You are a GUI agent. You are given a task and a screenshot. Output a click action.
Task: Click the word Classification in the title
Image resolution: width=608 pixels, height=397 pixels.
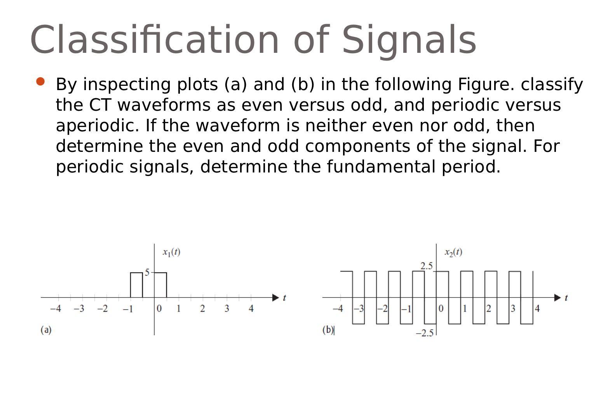point(154,40)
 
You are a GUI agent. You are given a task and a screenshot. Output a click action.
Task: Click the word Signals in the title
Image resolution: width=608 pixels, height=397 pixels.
point(409,40)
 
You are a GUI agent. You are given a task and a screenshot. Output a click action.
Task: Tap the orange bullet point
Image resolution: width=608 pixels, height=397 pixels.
point(40,82)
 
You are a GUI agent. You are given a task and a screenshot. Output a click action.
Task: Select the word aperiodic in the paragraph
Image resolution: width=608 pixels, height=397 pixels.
point(97,125)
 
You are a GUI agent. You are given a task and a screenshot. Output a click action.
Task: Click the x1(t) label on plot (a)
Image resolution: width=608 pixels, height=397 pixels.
point(171,252)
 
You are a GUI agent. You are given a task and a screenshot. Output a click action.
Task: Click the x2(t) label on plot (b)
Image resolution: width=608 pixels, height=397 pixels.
point(453,252)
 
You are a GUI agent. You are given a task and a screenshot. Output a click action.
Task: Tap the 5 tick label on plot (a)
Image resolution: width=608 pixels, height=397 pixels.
point(147,272)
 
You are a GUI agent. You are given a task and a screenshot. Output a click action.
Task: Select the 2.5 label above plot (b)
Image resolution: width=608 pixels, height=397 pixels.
point(426,266)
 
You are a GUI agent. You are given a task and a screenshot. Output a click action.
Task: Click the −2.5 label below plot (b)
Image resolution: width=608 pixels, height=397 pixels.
point(425,333)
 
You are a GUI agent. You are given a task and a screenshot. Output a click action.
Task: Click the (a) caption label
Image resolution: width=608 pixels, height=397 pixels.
point(46,330)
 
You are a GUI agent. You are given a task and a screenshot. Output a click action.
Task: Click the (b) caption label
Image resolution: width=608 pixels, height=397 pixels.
point(328,330)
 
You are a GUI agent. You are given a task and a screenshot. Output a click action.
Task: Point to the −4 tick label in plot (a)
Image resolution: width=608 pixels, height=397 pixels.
point(56,309)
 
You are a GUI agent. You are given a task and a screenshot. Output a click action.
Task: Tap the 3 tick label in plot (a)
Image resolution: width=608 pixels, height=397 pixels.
point(226,309)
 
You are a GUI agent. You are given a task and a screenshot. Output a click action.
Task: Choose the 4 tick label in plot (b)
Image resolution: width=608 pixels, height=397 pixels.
point(537,309)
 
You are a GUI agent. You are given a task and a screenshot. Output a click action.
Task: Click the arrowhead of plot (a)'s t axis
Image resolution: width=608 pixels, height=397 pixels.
point(275,298)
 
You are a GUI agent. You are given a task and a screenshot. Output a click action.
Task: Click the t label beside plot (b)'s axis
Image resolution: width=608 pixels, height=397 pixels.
point(566,298)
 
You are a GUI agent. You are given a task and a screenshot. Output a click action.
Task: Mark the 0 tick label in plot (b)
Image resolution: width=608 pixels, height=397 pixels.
point(441,309)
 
